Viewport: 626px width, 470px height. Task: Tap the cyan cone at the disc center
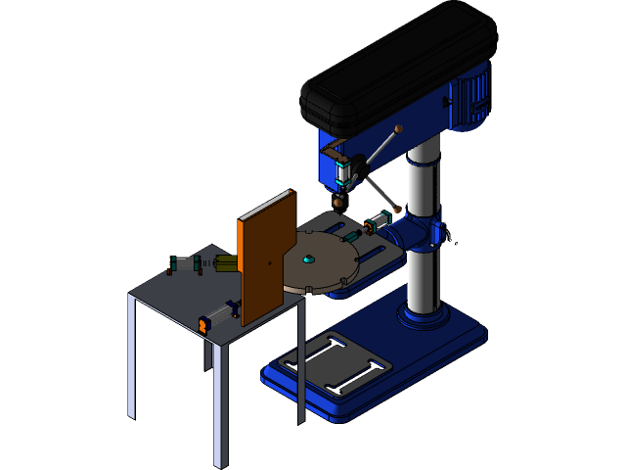[x=308, y=259]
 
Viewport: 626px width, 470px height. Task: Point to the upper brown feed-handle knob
[x=397, y=128]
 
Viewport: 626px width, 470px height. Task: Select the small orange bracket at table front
[x=204, y=324]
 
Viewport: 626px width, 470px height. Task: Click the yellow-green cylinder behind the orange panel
[x=226, y=262]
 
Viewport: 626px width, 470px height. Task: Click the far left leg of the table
[x=131, y=357]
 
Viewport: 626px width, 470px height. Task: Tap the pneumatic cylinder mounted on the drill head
[x=343, y=172]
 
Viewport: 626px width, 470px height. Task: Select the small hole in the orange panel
[x=270, y=260]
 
